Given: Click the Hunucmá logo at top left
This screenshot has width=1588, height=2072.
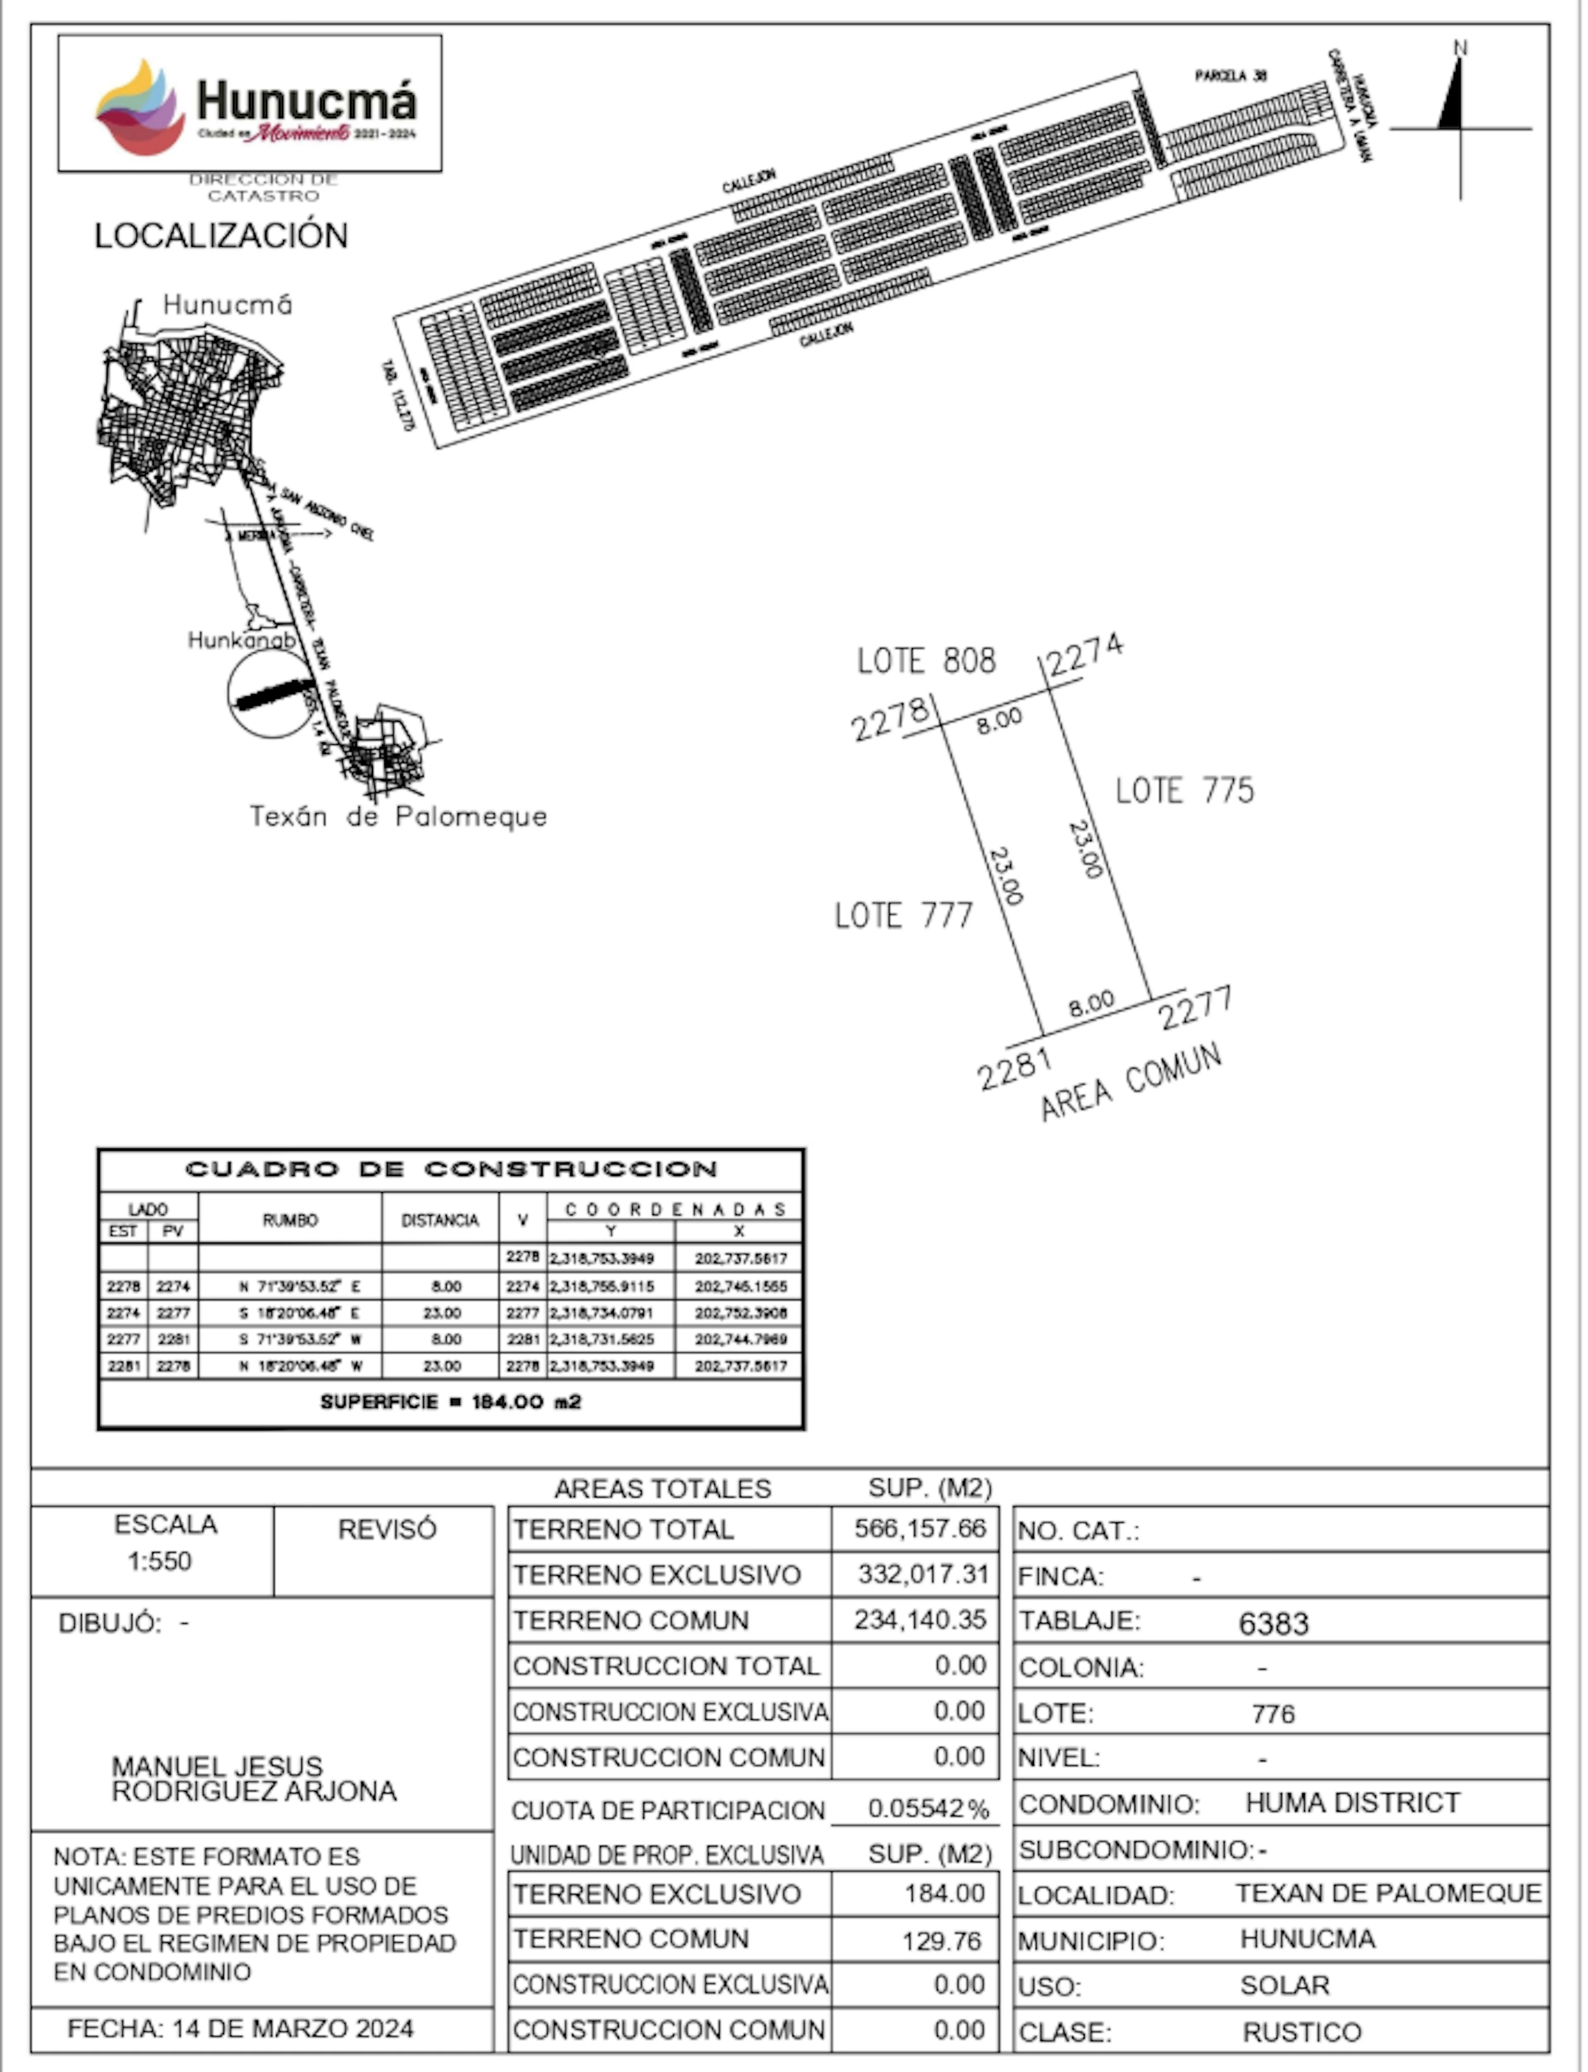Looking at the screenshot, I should tap(249, 104).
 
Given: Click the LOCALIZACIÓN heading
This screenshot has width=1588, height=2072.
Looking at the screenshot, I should tap(221, 235).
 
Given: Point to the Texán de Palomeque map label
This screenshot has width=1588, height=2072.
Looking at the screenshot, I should tap(398, 817).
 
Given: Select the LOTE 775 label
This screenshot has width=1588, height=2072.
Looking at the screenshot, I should tap(1184, 790).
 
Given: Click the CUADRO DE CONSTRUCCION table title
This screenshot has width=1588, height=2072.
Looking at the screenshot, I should tap(451, 1169).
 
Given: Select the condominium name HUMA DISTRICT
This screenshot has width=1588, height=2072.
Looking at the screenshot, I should tap(1352, 1802).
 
